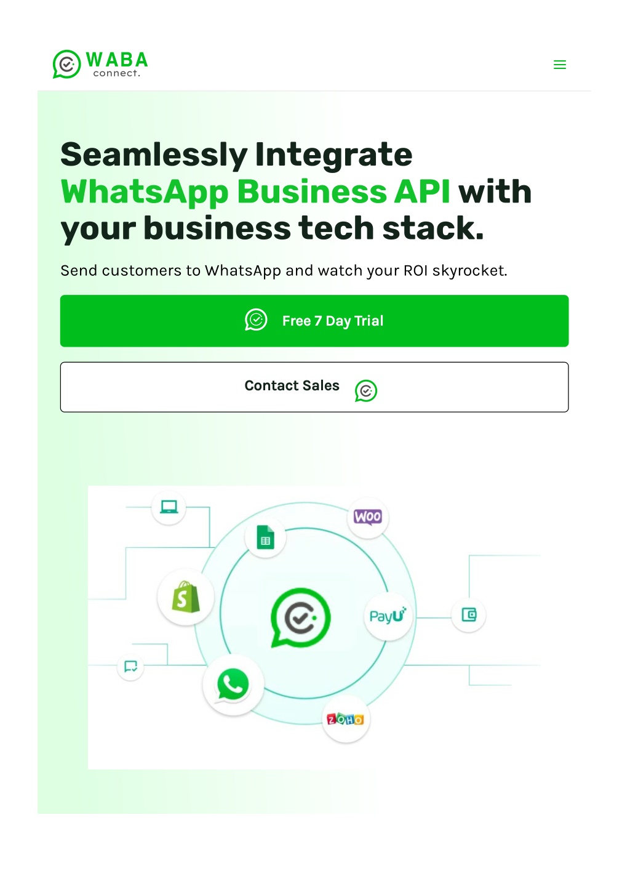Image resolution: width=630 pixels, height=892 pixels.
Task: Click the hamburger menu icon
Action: pyautogui.click(x=560, y=65)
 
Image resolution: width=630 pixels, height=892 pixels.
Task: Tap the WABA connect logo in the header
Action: pyautogui.click(x=100, y=64)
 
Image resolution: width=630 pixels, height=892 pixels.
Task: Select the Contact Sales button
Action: pyautogui.click(x=314, y=387)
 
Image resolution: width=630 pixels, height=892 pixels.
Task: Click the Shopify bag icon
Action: pyautogui.click(x=186, y=597)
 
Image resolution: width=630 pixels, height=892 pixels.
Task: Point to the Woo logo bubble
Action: pyautogui.click(x=368, y=517)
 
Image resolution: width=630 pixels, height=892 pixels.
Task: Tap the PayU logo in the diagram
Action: pyautogui.click(x=388, y=616)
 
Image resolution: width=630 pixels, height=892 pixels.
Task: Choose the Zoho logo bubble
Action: pyautogui.click(x=345, y=719)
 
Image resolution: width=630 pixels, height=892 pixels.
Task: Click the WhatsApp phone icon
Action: pyautogui.click(x=233, y=684)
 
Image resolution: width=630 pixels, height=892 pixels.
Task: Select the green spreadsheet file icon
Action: pyautogui.click(x=265, y=537)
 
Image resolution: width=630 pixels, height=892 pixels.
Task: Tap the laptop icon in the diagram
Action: pyautogui.click(x=169, y=507)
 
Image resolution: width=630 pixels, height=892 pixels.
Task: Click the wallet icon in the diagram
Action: pyautogui.click(x=469, y=614)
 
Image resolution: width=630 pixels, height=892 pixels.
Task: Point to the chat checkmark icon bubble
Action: pyautogui.click(x=130, y=666)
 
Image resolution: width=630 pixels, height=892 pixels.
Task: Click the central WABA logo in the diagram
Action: pyautogui.click(x=300, y=617)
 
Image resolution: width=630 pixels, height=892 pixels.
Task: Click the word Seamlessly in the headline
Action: pyautogui.click(x=154, y=155)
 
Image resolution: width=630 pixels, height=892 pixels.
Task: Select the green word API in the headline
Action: pyautogui.click(x=422, y=191)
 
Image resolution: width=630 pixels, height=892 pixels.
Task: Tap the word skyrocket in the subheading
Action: pyautogui.click(x=469, y=271)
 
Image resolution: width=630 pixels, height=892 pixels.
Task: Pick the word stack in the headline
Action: pyautogui.click(x=433, y=228)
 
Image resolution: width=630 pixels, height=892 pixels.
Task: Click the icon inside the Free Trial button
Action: pyautogui.click(x=256, y=319)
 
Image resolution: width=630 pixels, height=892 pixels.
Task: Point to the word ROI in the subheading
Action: pyautogui.click(x=415, y=271)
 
